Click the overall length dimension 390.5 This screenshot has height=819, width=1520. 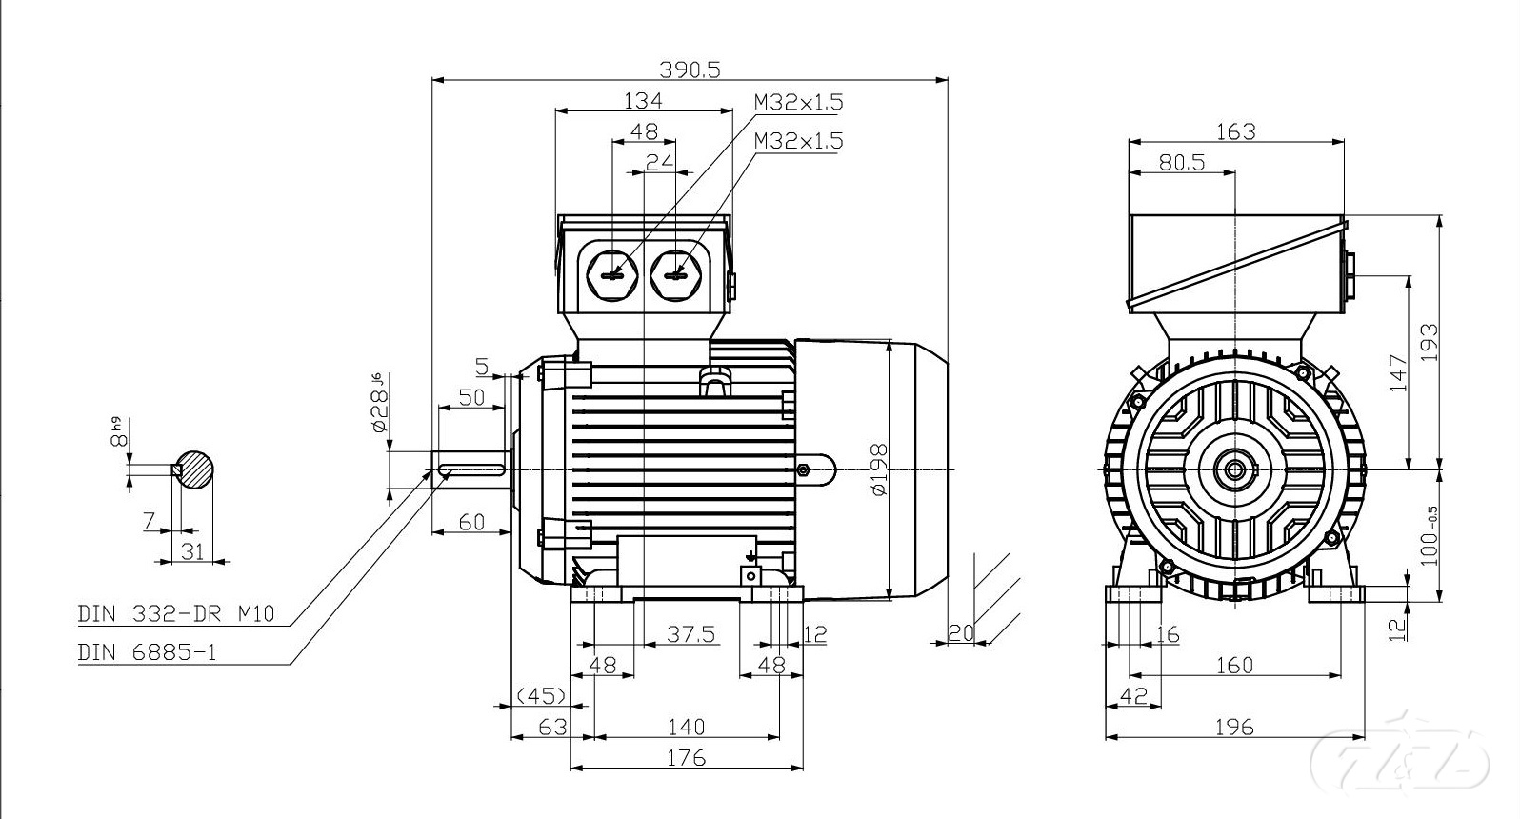point(690,70)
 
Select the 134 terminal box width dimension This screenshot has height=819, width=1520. point(643,100)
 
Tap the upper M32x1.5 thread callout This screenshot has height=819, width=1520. point(798,102)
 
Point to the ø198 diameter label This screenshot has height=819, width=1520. point(878,469)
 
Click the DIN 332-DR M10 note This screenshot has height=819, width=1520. point(175,614)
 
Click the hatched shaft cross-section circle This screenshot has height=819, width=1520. point(195,469)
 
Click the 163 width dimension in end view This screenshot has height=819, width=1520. point(1236,130)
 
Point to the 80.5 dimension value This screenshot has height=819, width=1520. point(1182,163)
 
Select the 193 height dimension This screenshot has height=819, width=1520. point(1429,343)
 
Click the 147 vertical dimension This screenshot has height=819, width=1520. point(1397,373)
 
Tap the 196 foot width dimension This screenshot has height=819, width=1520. point(1234,727)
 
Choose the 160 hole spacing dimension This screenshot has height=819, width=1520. point(1234,665)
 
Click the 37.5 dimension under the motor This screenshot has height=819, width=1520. point(690,634)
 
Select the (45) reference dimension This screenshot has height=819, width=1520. point(541,695)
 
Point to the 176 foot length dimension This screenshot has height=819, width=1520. point(686,757)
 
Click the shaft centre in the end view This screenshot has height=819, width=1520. point(1235,469)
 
